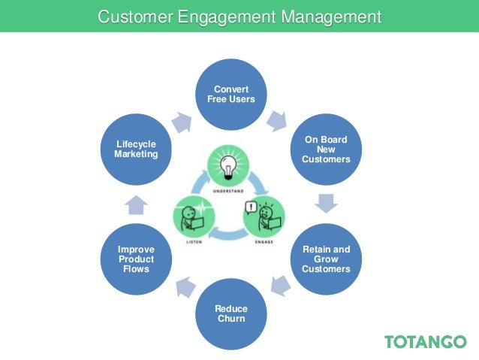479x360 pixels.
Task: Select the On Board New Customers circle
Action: [326, 149]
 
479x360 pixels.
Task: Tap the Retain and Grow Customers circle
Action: [326, 259]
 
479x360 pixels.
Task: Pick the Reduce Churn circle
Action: [231, 313]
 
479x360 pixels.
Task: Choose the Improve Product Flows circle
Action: [136, 259]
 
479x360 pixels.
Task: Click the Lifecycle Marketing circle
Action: [136, 149]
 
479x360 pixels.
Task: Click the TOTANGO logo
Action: [425, 342]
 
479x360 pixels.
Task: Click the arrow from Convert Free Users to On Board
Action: [279, 119]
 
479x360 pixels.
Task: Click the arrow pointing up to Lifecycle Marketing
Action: [136, 204]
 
